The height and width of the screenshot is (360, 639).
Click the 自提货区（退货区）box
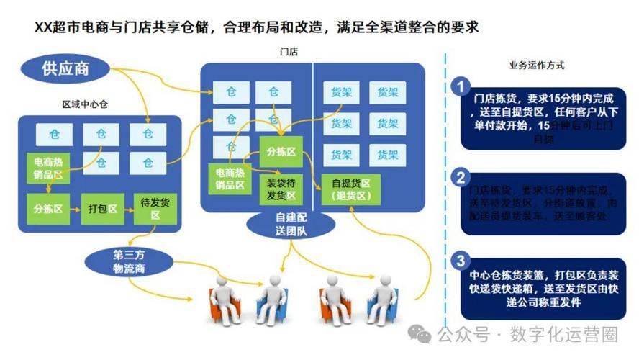coord(350,189)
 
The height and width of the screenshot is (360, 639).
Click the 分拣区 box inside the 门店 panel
coord(281,152)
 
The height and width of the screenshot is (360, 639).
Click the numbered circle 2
coord(461,177)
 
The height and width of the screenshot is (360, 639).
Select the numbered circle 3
coord(461,261)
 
